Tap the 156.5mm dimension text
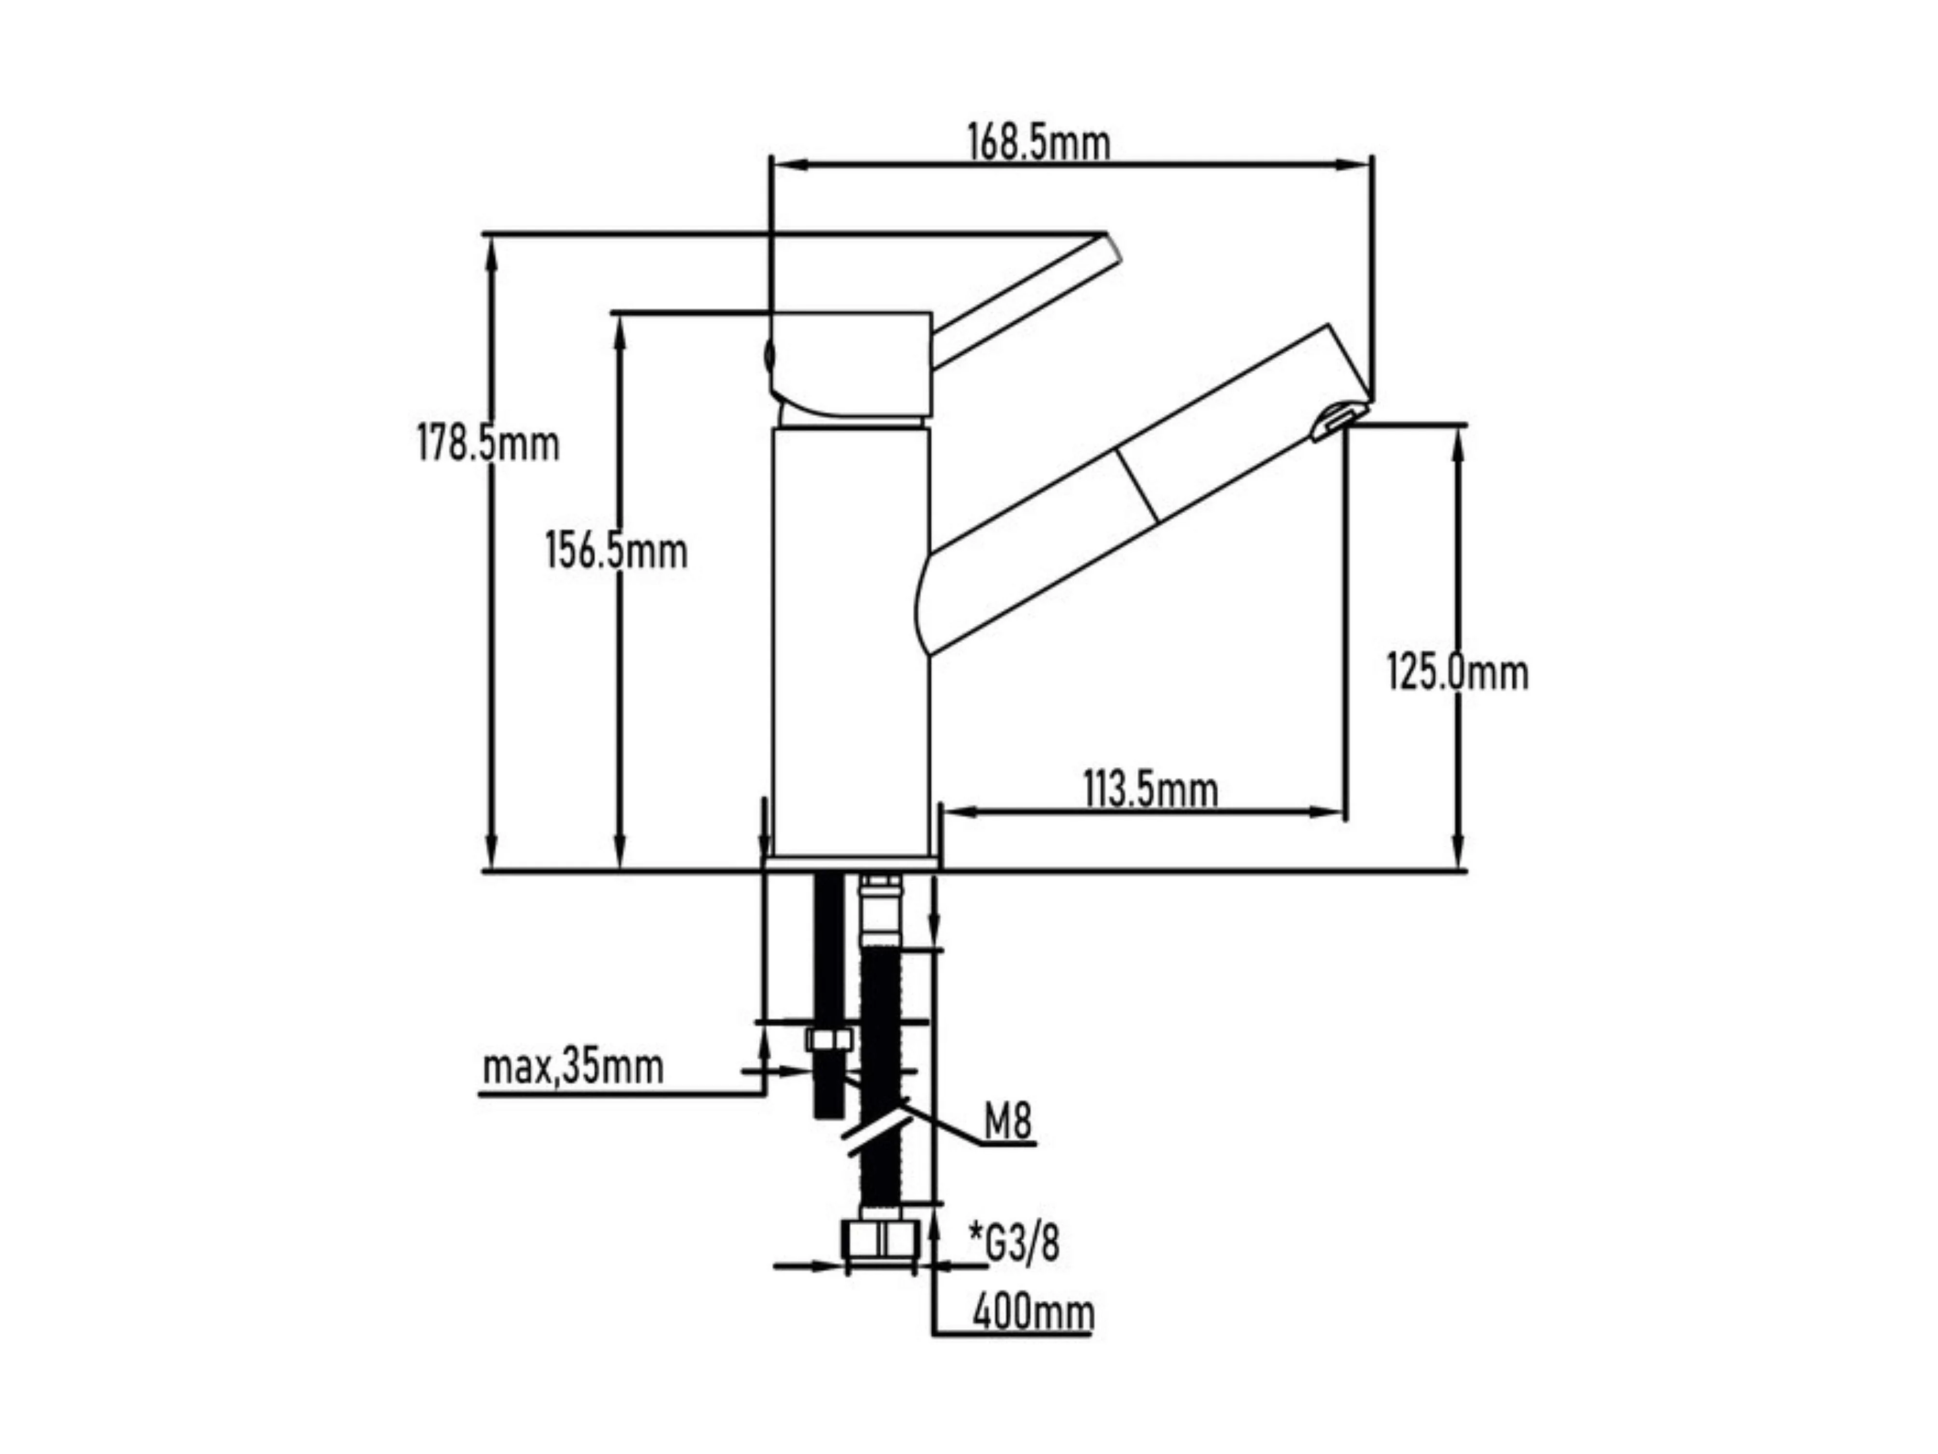(616, 551)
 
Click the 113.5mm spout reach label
(1150, 789)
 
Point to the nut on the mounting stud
(828, 1040)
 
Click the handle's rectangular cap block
(850, 363)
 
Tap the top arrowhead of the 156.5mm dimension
(619, 333)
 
